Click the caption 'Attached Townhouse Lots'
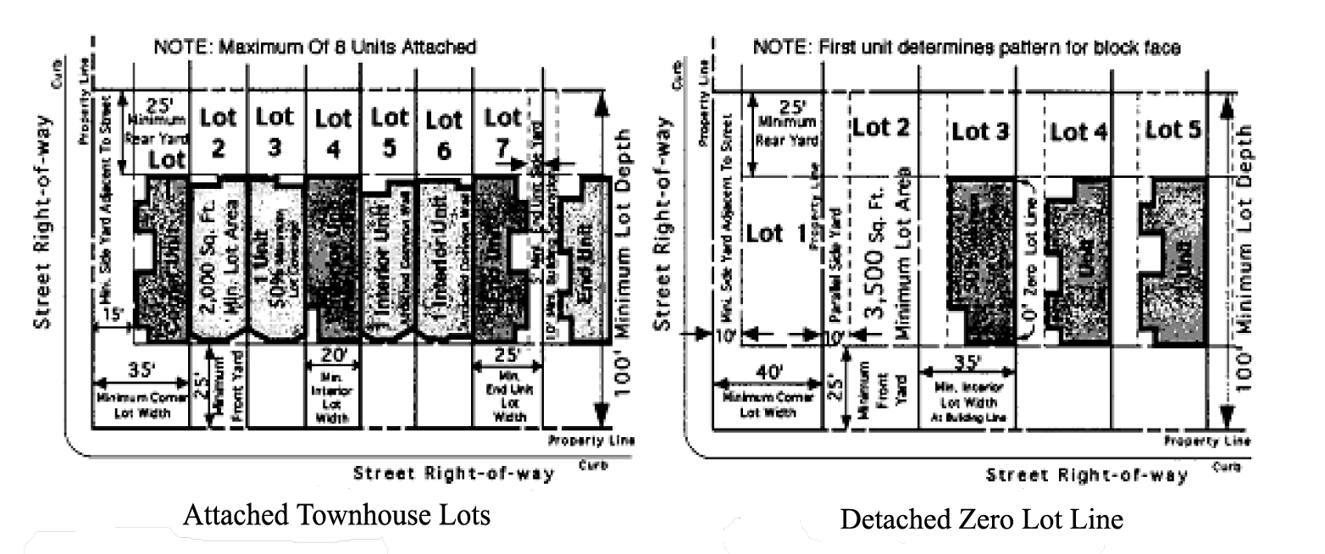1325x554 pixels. [336, 514]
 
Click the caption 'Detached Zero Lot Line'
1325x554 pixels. [981, 518]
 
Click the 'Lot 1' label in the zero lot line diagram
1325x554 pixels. [775, 235]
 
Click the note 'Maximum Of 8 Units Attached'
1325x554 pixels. [314, 47]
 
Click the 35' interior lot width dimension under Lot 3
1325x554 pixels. [966, 363]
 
